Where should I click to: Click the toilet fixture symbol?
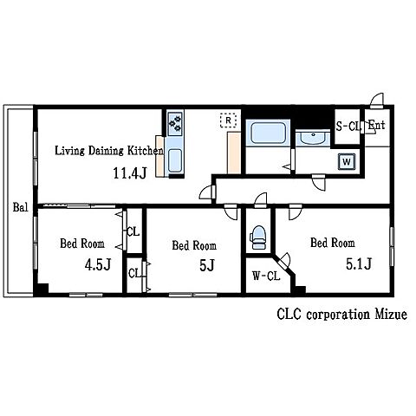pyautogui.click(x=258, y=237)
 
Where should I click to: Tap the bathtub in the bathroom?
pyautogui.click(x=268, y=133)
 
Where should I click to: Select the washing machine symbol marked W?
pyautogui.click(x=347, y=161)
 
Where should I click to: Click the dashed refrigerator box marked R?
pyautogui.click(x=228, y=120)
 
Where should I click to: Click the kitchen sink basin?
pyautogui.click(x=175, y=160)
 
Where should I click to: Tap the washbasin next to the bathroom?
pyautogui.click(x=313, y=138)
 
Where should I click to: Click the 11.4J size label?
pyautogui.click(x=130, y=173)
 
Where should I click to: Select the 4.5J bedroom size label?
pyautogui.click(x=98, y=264)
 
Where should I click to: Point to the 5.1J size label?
pyautogui.click(x=359, y=263)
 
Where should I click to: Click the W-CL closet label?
pyautogui.click(x=266, y=276)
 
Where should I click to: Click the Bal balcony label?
pyautogui.click(x=20, y=207)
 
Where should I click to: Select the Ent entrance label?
pyautogui.click(x=377, y=125)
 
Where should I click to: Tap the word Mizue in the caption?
pyautogui.click(x=391, y=314)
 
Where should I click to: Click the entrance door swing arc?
pyautogui.click(x=378, y=97)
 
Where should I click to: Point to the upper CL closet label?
pyautogui.click(x=133, y=231)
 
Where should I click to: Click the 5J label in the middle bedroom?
pyautogui.click(x=207, y=265)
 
